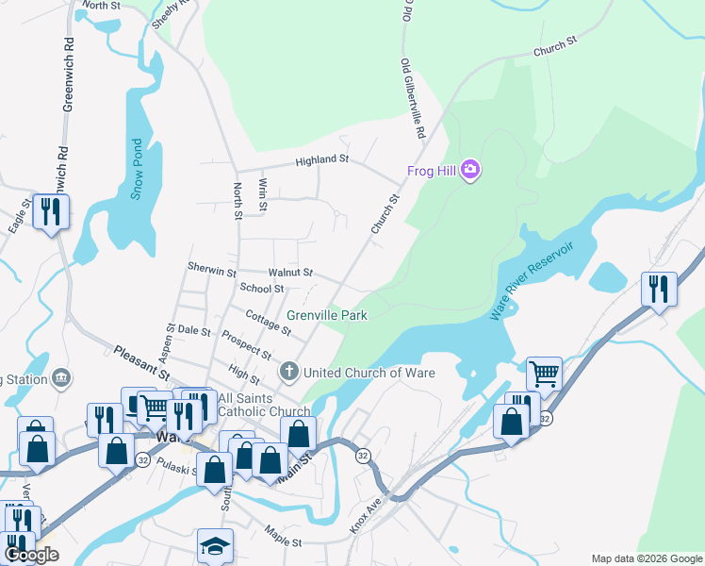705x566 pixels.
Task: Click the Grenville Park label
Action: pyautogui.click(x=326, y=316)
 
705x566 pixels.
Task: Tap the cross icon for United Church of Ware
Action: pyautogui.click(x=288, y=373)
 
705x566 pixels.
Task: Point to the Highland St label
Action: pyautogui.click(x=321, y=160)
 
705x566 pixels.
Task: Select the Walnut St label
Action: pyautogui.click(x=289, y=273)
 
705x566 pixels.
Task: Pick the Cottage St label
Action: pyautogui.click(x=268, y=322)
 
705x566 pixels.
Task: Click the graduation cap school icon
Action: pyautogui.click(x=215, y=546)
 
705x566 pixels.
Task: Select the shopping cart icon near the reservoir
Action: pyautogui.click(x=544, y=375)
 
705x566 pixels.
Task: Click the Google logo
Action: pyautogui.click(x=31, y=555)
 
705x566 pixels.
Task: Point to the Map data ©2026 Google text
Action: pyautogui.click(x=646, y=558)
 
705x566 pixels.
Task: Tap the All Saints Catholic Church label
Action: pyautogui.click(x=264, y=405)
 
